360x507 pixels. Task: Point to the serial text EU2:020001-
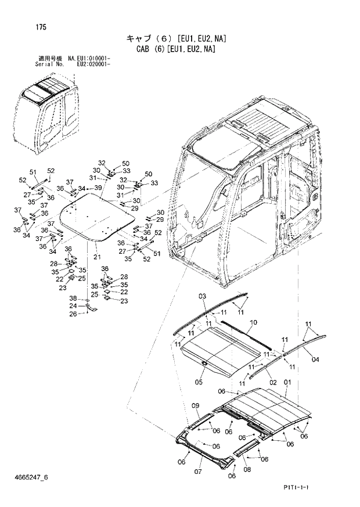pos(94,64)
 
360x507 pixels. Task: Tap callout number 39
pos(98,188)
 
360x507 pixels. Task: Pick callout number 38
pos(73,298)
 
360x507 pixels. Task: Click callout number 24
pos(73,305)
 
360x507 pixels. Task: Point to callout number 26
pos(73,314)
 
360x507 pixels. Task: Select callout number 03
pos(202,297)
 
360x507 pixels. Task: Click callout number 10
pos(253,322)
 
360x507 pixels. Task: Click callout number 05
pos(198,382)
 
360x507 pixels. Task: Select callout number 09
pos(195,405)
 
